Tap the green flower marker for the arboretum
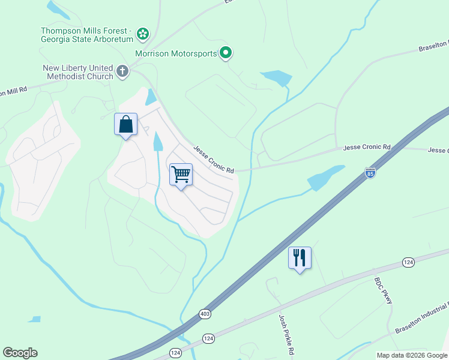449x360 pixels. [x=143, y=33]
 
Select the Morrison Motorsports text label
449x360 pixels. [x=175, y=53]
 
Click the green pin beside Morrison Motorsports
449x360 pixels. [x=226, y=53]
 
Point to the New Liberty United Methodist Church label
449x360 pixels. [x=78, y=72]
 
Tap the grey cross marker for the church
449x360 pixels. [x=122, y=72]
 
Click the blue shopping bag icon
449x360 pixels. [x=126, y=125]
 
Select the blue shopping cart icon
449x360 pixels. [x=181, y=175]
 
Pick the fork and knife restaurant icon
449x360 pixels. [x=300, y=258]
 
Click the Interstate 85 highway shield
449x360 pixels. [x=370, y=173]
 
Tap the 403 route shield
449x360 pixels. [x=205, y=314]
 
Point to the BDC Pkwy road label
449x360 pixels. [x=383, y=290]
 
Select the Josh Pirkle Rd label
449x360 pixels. [x=285, y=334]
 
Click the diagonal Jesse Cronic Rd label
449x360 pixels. [x=212, y=160]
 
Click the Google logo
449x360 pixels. [x=20, y=353]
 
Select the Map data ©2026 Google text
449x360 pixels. [x=412, y=355]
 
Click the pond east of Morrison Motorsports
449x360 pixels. [x=277, y=78]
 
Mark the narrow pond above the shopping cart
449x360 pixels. [x=158, y=142]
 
